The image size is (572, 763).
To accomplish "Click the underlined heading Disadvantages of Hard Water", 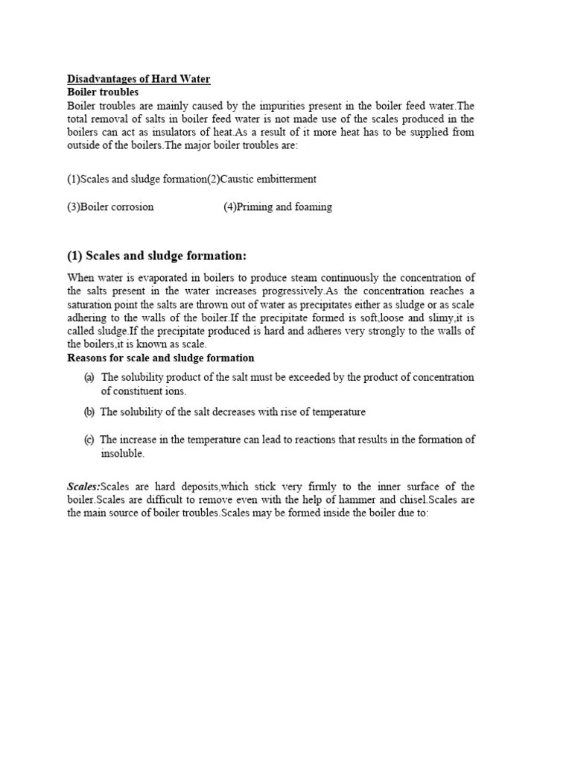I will click(139, 79).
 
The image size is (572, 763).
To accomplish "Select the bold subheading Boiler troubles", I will click(103, 92).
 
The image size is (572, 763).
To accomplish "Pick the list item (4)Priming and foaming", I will click(277, 207).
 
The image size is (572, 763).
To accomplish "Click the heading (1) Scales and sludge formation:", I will click(156, 256).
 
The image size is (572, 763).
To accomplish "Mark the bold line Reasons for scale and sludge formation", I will click(161, 358).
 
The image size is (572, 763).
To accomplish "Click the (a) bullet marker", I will click(89, 378).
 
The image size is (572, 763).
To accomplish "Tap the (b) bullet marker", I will click(89, 412).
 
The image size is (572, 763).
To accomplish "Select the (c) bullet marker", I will click(89, 440).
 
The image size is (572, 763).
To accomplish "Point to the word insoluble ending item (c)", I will click(122, 453).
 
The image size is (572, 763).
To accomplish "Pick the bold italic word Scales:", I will click(83, 487).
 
